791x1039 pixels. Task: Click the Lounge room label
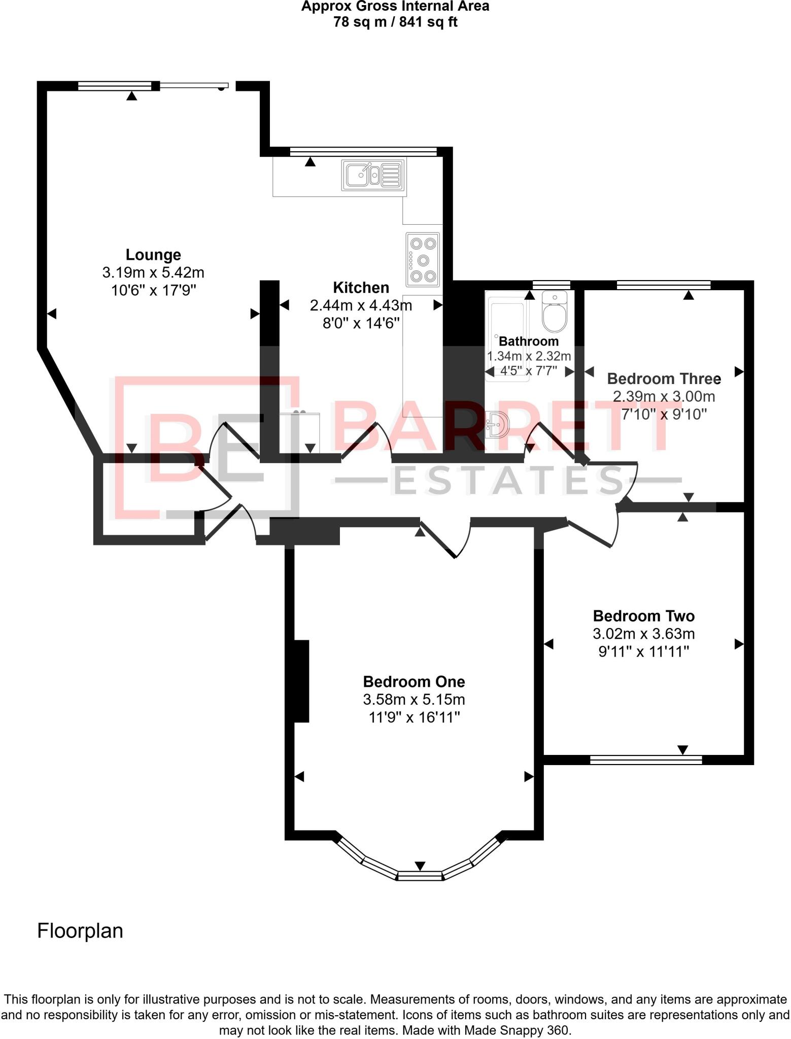153,255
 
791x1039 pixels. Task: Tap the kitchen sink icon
373,175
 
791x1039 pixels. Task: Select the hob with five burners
422,260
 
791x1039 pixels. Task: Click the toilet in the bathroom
554,311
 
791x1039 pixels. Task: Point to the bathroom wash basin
497,424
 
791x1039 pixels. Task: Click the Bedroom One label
414,681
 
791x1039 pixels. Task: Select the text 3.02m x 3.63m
643,634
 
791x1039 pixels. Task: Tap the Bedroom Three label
664,378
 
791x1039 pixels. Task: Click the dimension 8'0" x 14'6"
361,323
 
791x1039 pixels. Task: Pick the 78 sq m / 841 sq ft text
395,22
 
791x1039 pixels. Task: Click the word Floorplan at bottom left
80,931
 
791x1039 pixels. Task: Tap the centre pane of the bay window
420,875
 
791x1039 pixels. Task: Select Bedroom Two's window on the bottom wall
646,759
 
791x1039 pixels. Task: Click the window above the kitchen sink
363,151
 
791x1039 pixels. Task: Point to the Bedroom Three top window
663,285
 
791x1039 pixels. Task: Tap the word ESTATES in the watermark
508,480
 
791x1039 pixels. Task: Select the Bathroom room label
528,341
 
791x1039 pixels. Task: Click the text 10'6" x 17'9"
153,290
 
